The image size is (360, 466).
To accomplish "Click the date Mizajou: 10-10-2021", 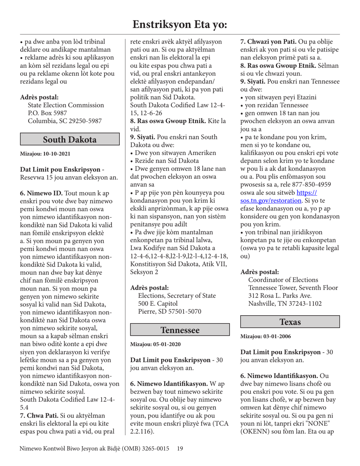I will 45,154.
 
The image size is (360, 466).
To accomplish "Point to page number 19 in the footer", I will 180,449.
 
